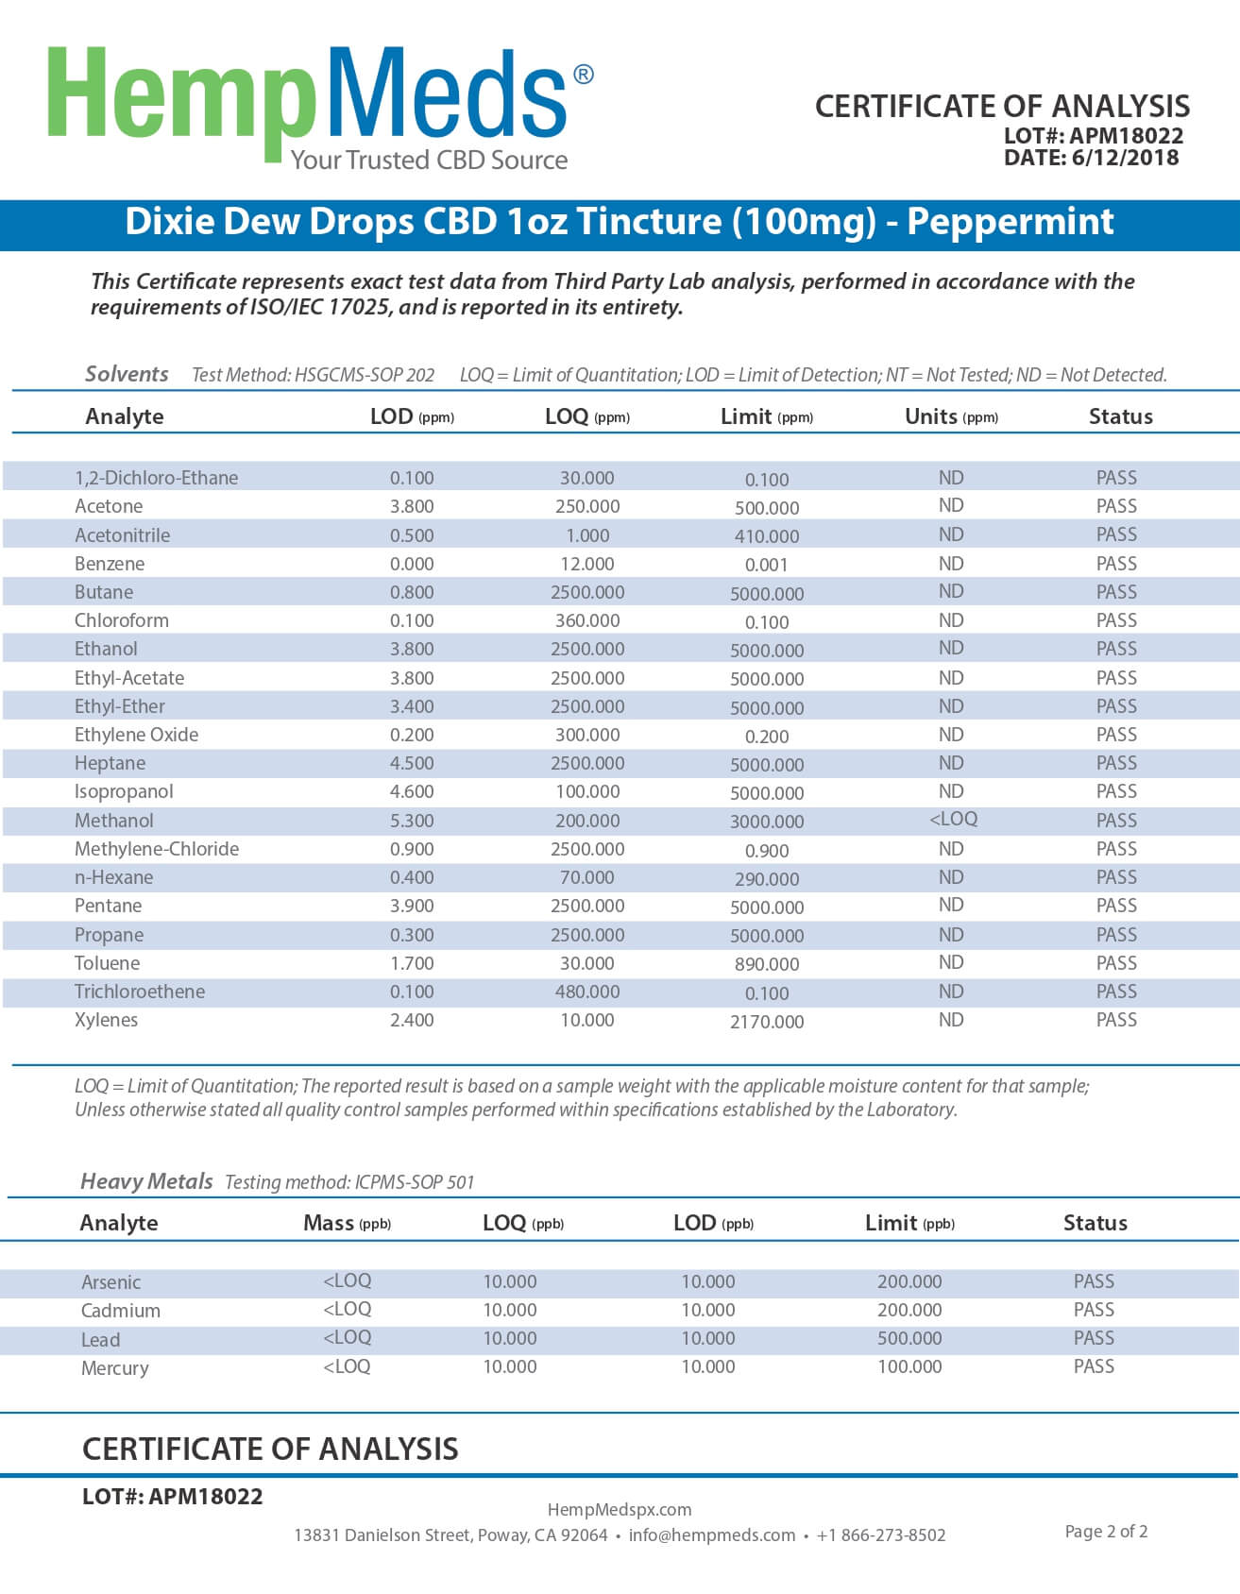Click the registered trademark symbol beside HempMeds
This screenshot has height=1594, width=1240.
584,75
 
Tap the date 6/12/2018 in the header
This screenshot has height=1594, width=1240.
1125,158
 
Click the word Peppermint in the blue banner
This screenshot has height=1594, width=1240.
1010,222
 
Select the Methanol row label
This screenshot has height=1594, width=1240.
113,821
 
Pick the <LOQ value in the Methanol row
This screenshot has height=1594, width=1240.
953,819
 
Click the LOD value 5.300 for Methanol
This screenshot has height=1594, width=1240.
412,821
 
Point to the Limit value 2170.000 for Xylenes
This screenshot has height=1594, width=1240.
767,1022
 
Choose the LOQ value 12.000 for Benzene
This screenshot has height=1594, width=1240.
586,564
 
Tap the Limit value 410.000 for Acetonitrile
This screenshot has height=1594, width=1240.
767,536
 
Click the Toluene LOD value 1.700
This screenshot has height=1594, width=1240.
412,963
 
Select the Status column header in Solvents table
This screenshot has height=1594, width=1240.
1120,416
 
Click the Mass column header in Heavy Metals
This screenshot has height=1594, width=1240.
329,1223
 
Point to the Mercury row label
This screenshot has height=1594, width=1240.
114,1368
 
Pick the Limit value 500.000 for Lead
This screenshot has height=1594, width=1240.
909,1338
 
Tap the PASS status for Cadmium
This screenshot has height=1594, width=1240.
1094,1310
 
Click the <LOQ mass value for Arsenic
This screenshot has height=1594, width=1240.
348,1280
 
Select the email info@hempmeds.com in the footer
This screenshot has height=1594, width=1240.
711,1535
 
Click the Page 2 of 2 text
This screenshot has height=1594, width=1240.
1106,1532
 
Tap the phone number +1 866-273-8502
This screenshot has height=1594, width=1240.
880,1535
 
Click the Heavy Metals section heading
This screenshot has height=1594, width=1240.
146,1181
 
